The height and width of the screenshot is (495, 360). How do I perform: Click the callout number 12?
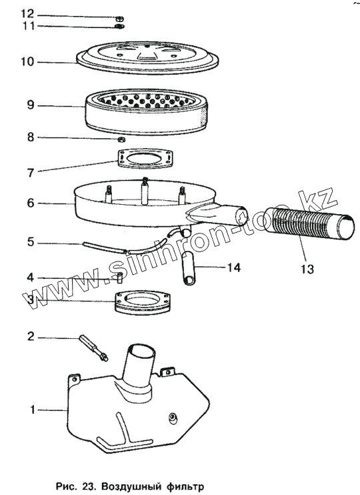pyautogui.click(x=27, y=13)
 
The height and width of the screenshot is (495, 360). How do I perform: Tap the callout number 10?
pyautogui.click(x=27, y=61)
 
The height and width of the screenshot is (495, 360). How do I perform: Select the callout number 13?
pyautogui.click(x=307, y=269)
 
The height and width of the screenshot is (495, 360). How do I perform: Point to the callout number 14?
pyautogui.click(x=234, y=268)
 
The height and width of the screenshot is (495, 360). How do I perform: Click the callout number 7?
pyautogui.click(x=31, y=173)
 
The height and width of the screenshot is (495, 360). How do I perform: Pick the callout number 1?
pyautogui.click(x=32, y=410)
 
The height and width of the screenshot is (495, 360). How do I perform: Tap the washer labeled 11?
pyautogui.click(x=120, y=26)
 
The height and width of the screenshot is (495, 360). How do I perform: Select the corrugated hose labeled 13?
pyautogui.click(x=310, y=223)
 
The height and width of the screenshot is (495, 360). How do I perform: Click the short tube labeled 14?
pyautogui.click(x=188, y=268)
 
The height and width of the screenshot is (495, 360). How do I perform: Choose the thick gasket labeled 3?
pyautogui.click(x=142, y=303)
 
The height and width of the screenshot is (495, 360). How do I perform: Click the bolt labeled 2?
pyautogui.click(x=95, y=348)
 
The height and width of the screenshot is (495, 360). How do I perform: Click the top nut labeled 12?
pyautogui.click(x=120, y=18)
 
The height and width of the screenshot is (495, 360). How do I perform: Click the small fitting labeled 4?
pyautogui.click(x=119, y=278)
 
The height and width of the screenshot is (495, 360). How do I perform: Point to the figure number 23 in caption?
pyautogui.click(x=87, y=486)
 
